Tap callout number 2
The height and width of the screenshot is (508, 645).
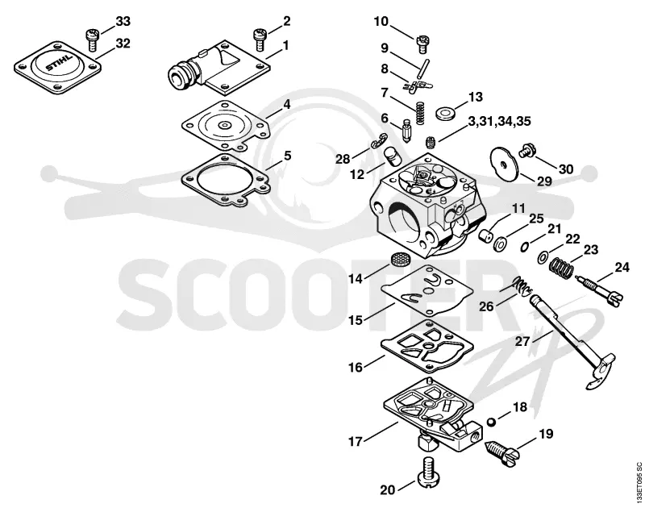coord(287,21)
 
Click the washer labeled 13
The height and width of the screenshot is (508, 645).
coord(445,112)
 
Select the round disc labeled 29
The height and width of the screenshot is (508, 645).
coord(503,163)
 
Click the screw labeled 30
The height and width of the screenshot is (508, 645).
coord(526,151)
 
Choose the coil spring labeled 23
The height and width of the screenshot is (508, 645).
coord(562,269)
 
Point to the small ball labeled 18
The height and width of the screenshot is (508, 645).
coord(490,422)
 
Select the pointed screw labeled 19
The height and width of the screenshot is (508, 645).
coord(501,453)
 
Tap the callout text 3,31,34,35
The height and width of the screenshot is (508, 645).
coord(499,121)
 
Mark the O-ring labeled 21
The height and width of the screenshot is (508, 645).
coord(525,247)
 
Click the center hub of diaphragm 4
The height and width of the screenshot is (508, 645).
coord(225,125)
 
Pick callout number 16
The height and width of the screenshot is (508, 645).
coord(356,367)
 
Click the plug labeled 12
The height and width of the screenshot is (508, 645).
coord(392,156)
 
